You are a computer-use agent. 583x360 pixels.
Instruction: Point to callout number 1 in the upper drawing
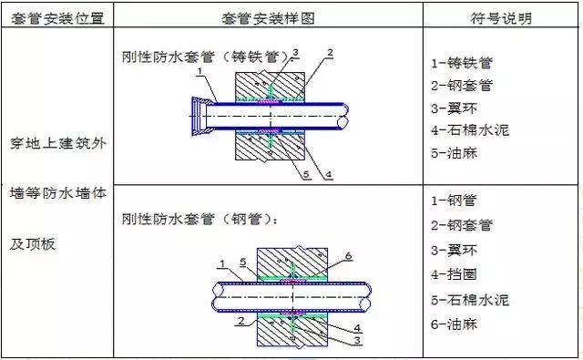point(198,77)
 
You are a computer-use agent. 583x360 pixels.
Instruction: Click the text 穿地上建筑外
point(56,170)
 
